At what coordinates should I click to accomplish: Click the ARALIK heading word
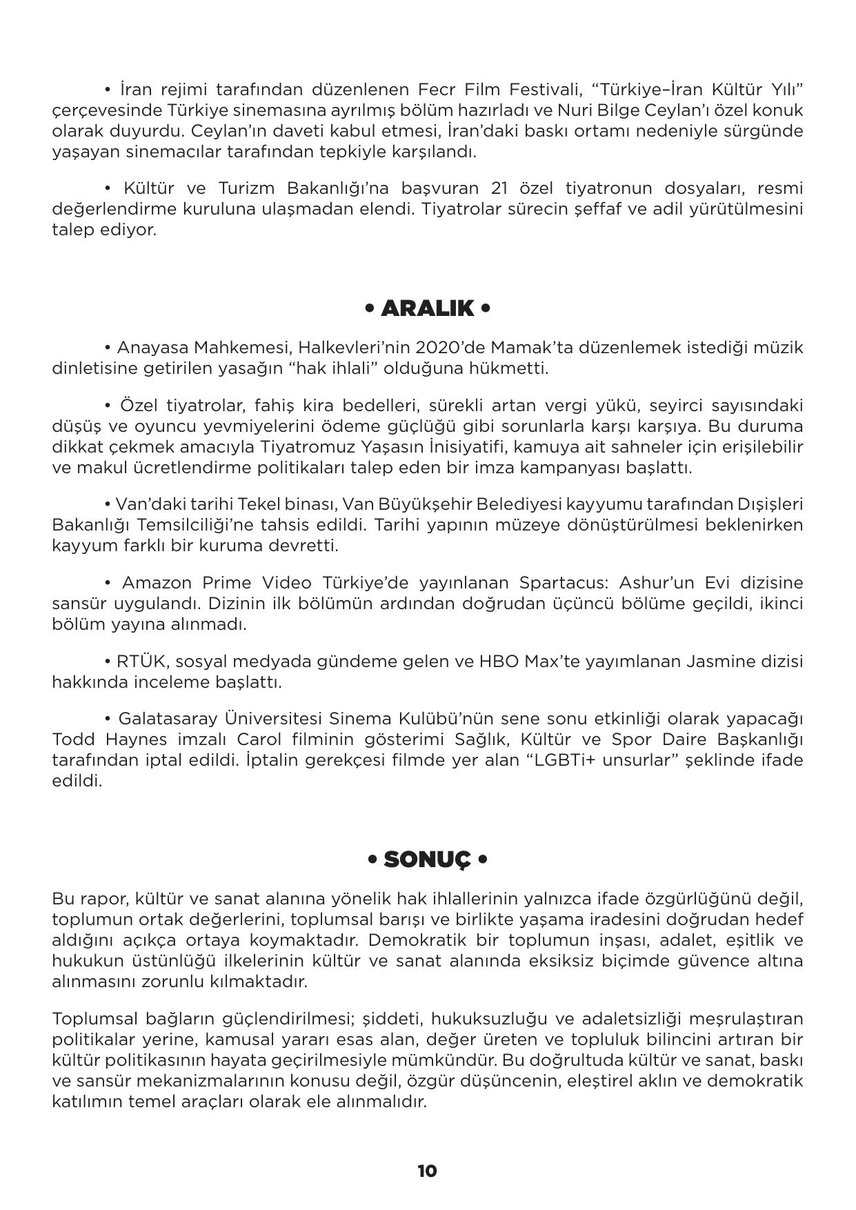click(427, 308)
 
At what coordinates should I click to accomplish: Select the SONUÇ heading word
click(427, 860)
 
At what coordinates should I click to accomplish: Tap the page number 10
click(427, 1171)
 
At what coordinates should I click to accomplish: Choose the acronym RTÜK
click(140, 662)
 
